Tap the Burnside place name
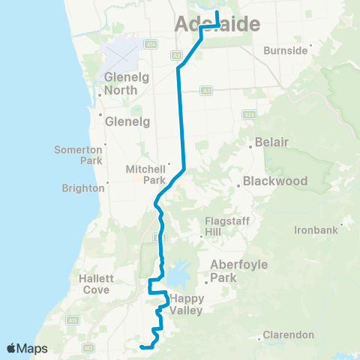point(286,51)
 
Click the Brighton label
point(84,187)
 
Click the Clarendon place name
point(288,334)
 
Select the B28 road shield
point(249,114)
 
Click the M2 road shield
point(88,347)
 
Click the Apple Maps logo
point(28,349)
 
